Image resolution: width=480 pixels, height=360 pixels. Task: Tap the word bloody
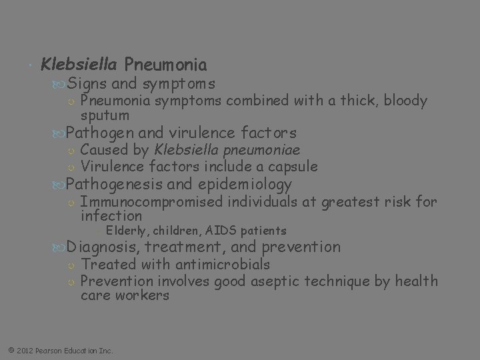click(403, 101)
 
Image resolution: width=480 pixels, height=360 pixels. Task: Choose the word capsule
click(291, 167)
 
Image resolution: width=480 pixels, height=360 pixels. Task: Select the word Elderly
click(128, 231)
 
